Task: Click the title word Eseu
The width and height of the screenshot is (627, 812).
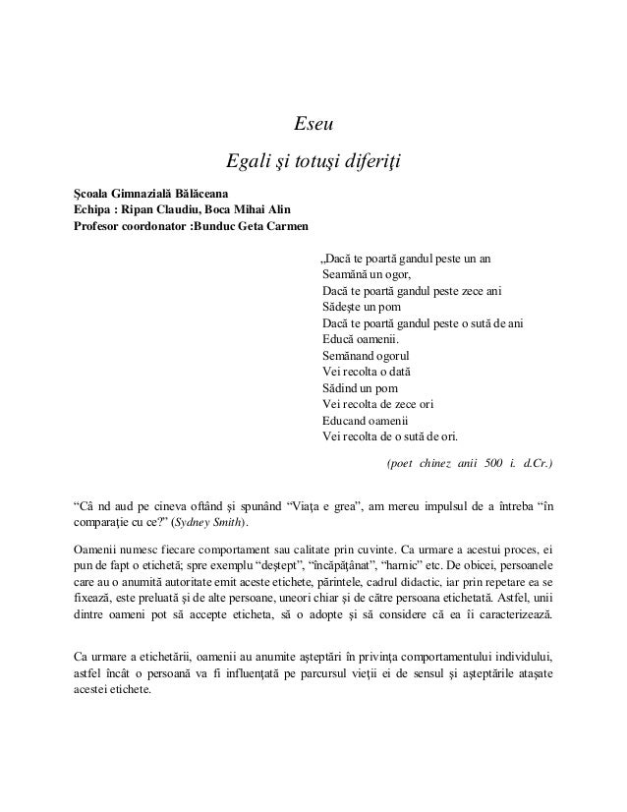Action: point(314,125)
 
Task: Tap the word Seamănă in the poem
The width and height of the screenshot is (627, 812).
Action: point(344,274)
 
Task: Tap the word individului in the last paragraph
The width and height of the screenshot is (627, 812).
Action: point(522,655)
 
